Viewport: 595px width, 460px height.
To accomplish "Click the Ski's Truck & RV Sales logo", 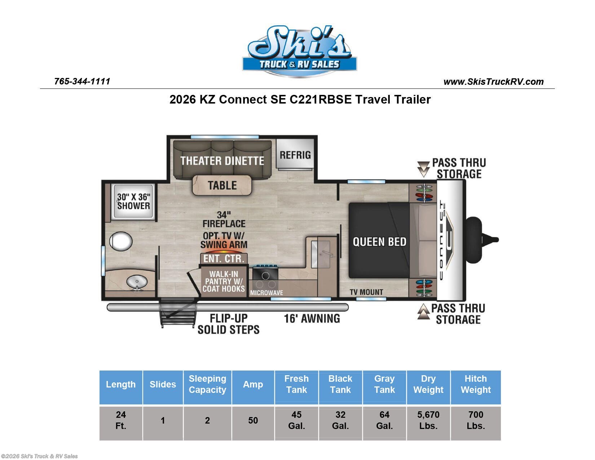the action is point(300,51).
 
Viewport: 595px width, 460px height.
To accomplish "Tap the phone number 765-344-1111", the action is point(82,82).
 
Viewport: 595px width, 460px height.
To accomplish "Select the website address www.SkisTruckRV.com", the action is point(493,82).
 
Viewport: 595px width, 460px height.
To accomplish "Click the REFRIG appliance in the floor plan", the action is point(295,154).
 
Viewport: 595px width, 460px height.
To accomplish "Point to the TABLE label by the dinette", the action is point(222,185).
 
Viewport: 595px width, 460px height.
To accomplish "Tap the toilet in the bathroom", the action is point(121,241).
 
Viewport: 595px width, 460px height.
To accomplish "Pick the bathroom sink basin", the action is point(137,282).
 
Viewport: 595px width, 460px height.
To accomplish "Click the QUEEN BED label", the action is point(379,242).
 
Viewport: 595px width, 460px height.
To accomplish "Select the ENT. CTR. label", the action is point(224,259).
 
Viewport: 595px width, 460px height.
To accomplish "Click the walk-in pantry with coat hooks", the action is point(224,281).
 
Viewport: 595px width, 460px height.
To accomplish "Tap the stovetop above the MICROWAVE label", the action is point(265,277).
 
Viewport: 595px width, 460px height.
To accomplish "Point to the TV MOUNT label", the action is point(366,292).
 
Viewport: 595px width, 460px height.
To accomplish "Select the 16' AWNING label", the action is point(312,319).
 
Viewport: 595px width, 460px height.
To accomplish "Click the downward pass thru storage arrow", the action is point(423,169).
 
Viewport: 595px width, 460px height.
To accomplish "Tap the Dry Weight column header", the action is point(428,384).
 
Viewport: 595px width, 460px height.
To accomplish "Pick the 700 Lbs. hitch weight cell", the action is point(476,420).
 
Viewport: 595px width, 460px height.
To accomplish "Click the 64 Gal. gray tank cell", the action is point(384,420).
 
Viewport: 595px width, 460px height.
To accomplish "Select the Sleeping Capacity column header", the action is point(207,384).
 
